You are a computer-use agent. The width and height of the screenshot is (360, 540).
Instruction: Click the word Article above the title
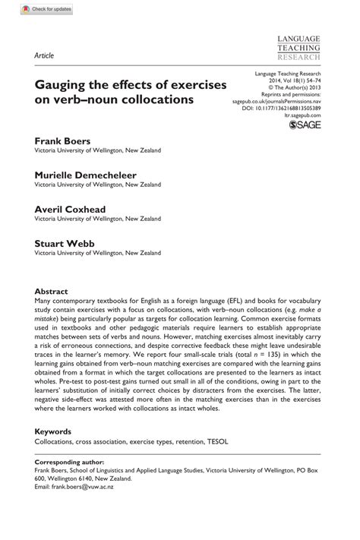pyautogui.click(x=43, y=56)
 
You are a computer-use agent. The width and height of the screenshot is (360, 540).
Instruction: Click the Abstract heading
pyautogui.click(x=52, y=291)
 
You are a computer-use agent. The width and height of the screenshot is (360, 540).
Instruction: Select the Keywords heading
pyautogui.click(x=55, y=428)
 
